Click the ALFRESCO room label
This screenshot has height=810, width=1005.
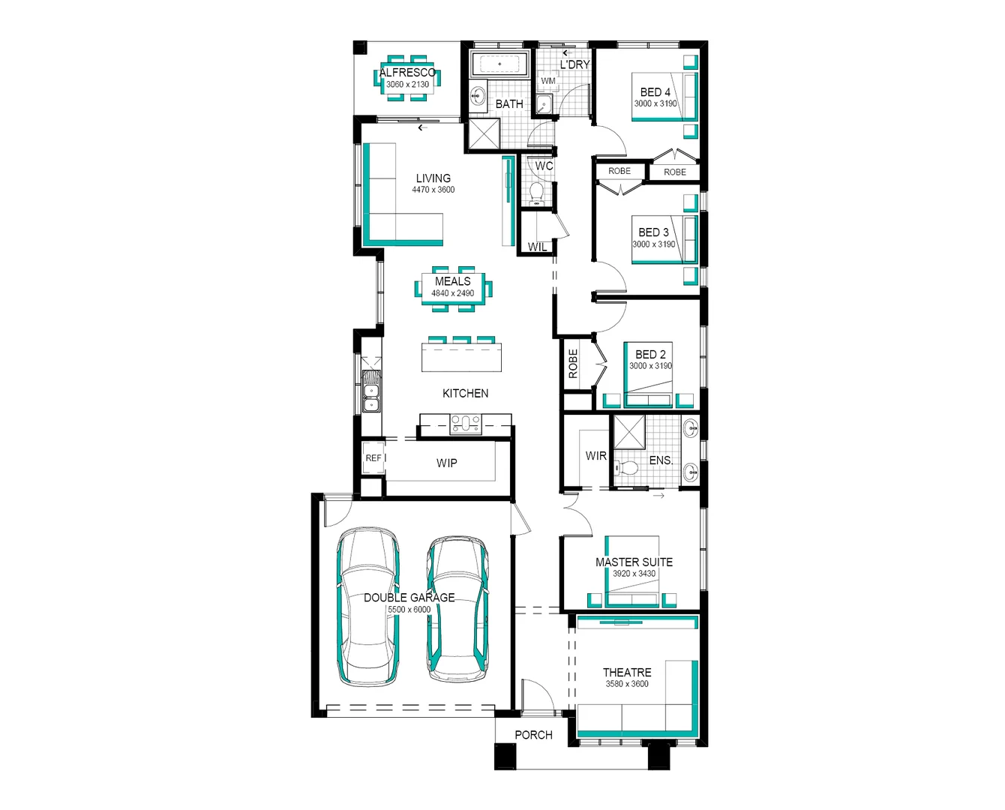tap(407, 73)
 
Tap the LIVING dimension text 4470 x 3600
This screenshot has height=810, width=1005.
tap(433, 190)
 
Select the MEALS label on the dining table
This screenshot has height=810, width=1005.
tap(452, 281)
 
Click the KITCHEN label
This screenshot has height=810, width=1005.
tap(465, 393)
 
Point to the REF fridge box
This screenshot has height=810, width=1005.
tap(373, 458)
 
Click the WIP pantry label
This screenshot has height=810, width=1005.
tap(446, 463)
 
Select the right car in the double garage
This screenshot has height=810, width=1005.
tap(457, 607)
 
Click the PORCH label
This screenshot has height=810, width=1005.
tap(533, 735)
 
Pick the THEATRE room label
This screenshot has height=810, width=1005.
tap(627, 672)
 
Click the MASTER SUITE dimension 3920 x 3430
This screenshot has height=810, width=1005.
tap(634, 574)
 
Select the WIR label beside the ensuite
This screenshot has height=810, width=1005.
tap(595, 455)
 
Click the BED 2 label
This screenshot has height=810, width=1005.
tap(650, 354)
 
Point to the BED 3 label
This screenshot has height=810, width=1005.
tap(653, 232)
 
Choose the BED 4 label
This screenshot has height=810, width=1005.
tap(655, 92)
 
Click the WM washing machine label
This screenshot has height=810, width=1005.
tap(548, 81)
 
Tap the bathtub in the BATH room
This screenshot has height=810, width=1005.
tap(499, 64)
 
